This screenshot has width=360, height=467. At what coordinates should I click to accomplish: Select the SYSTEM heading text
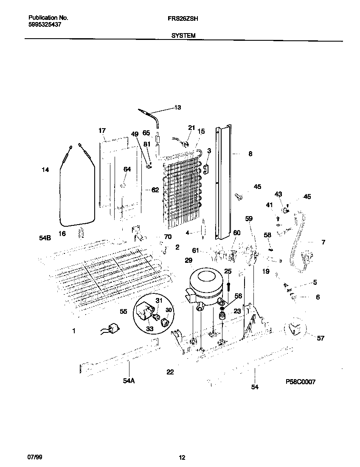click(x=183, y=36)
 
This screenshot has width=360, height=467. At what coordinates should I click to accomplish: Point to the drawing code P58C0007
click(x=301, y=382)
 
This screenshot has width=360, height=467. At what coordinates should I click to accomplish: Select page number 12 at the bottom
click(x=182, y=457)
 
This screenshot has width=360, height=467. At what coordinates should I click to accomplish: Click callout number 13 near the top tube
click(x=177, y=108)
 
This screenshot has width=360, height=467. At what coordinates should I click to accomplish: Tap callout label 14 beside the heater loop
click(x=45, y=170)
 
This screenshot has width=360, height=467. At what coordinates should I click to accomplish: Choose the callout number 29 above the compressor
click(x=188, y=260)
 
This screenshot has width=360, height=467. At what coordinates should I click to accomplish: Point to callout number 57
click(x=321, y=338)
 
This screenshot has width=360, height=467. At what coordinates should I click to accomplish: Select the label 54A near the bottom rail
click(x=129, y=381)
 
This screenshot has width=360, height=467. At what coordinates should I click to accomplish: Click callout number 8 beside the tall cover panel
click(x=250, y=154)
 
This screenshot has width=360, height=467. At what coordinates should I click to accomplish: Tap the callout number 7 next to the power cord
click(x=323, y=242)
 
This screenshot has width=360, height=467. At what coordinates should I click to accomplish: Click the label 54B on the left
click(x=45, y=238)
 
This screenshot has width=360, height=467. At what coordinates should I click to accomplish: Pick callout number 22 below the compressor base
click(x=170, y=372)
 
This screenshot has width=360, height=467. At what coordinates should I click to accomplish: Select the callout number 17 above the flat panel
click(x=102, y=130)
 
